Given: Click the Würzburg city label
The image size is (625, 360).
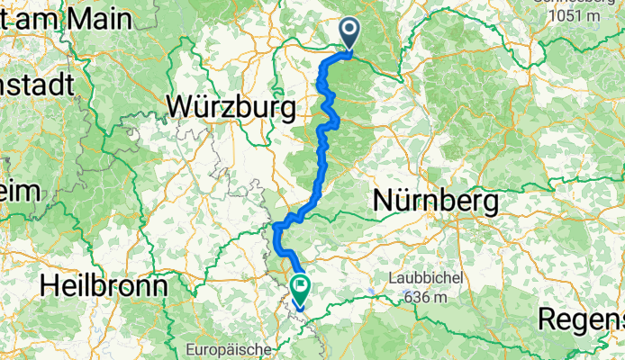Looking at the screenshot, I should pos(231,109).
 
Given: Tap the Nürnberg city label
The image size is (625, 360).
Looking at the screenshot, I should pos(436,202).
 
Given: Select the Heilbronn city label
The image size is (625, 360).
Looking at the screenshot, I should pos(104,286).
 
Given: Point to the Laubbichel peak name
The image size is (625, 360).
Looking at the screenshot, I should pos(426,278).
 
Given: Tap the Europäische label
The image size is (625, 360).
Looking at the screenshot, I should pos(222,348).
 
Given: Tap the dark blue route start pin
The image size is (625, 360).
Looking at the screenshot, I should pos(349,34).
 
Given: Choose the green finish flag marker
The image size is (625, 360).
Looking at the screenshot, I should pos(299,290).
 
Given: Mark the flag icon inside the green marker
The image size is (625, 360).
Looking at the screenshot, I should pos(299,288).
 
